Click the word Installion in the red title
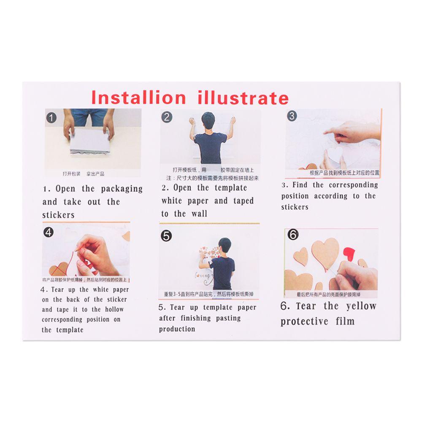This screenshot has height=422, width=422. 139,97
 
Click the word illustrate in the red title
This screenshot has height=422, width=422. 243,98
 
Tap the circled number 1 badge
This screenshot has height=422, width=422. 51,118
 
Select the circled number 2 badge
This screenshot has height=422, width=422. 167,117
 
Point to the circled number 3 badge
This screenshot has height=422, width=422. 292,116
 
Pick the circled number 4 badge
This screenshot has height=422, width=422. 49,232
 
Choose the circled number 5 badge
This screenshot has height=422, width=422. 167,236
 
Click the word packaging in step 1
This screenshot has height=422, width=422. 122,189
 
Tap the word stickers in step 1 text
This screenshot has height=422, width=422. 58,215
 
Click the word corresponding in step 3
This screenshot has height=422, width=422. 354,185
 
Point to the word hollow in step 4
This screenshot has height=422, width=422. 115,309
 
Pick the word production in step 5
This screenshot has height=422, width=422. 177,329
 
